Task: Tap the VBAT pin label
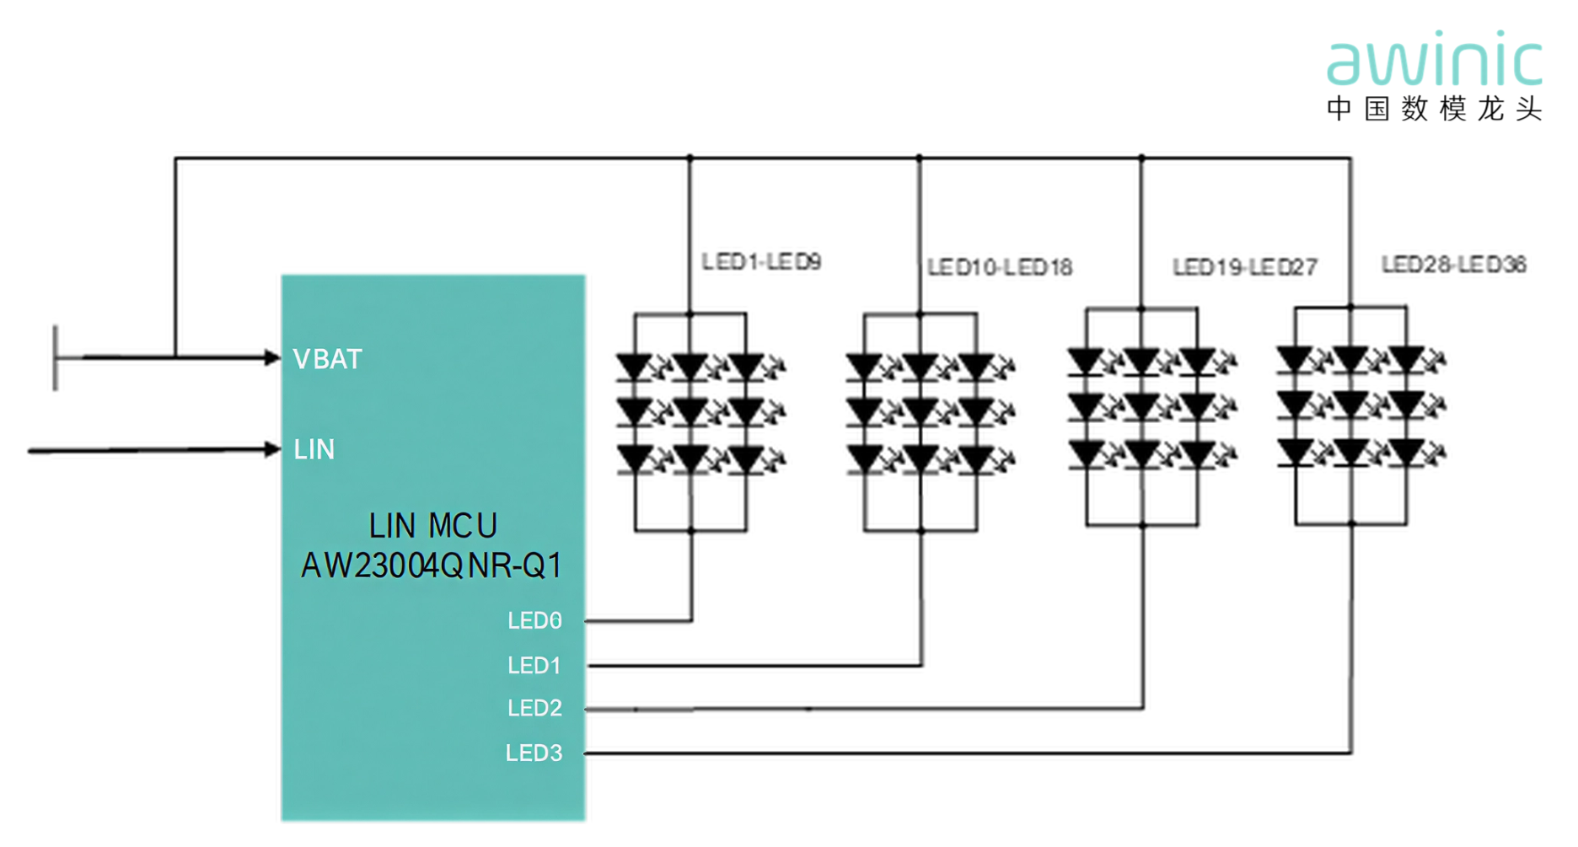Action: coord(327,360)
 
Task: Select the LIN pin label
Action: coord(314,450)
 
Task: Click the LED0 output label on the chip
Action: coord(534,621)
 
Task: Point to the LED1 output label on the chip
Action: coord(534,666)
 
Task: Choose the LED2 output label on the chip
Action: coord(534,709)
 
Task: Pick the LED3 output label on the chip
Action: coord(534,753)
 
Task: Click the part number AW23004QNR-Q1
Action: coord(432,566)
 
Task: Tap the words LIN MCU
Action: coord(432,527)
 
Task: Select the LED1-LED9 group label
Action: coord(761,262)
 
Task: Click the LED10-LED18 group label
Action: coord(1000,268)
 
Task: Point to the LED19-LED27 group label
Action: coord(1244,268)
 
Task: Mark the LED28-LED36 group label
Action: coord(1453,265)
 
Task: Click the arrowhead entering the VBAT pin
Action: coord(272,358)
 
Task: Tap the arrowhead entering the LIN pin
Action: coord(272,449)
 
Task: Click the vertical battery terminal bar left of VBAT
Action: coord(56,358)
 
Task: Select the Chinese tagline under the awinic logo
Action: coord(1434,109)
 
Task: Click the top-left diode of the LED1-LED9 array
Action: coord(635,367)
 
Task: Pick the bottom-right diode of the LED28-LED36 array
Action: coord(1406,453)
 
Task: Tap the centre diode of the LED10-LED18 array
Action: coord(920,412)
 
